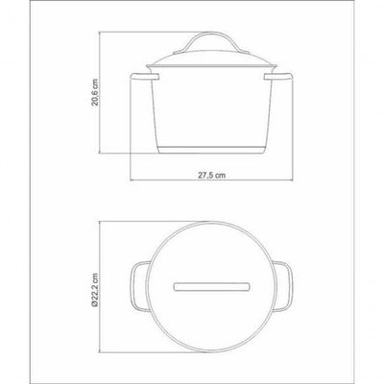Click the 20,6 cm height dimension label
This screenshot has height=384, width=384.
click(x=96, y=92)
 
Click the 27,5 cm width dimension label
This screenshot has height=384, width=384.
click(x=211, y=175)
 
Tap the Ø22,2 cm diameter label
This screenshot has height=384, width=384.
click(x=96, y=290)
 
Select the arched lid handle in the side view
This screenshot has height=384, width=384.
click(x=211, y=42)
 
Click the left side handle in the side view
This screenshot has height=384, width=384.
click(x=145, y=77)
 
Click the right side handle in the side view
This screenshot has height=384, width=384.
click(x=278, y=77)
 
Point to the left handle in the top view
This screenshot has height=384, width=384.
click(x=139, y=286)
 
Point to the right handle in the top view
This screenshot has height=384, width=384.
click(x=283, y=286)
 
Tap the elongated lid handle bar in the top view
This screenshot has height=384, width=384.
click(x=211, y=287)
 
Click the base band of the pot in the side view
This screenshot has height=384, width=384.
click(x=211, y=150)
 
